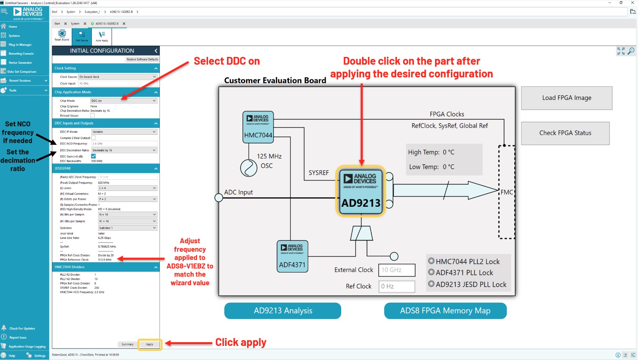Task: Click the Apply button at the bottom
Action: point(150,344)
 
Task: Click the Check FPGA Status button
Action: point(565,133)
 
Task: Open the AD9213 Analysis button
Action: point(283,311)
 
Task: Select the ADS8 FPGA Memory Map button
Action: point(445,311)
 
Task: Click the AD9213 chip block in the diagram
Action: point(361,191)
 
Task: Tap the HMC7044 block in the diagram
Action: point(258,127)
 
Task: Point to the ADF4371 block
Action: point(292,256)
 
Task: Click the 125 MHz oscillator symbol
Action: point(249,168)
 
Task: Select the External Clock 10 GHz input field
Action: point(396,270)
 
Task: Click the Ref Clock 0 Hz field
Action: point(396,286)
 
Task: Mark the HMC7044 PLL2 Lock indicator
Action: point(431,261)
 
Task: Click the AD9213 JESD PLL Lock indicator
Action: point(431,284)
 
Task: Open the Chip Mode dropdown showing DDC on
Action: point(124,101)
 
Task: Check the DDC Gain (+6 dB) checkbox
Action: point(93,156)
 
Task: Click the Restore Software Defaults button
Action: point(142,60)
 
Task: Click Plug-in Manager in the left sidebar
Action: point(20,45)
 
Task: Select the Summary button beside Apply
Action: point(128,344)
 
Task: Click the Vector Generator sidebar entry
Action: point(20,63)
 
